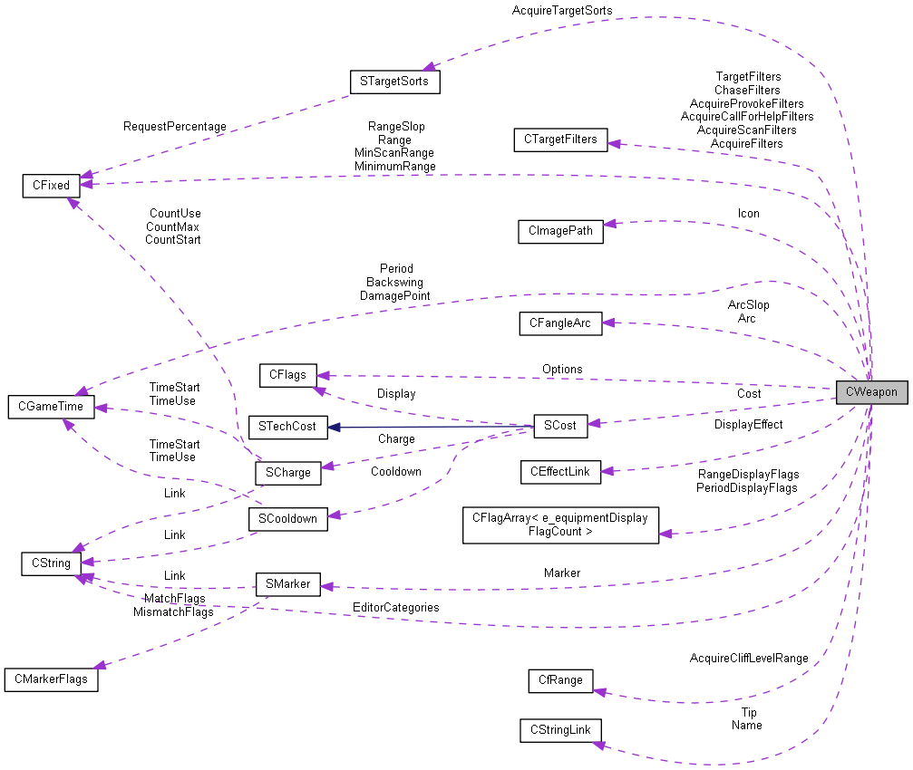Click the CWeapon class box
point(870,392)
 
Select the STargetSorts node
point(394,82)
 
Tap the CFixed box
point(51,186)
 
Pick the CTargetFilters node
point(560,140)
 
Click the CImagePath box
point(560,230)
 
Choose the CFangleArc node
point(560,323)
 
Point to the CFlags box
point(287,374)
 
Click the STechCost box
point(287,426)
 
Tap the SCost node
point(560,424)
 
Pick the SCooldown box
point(287,519)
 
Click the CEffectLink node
point(560,471)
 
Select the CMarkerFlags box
point(51,679)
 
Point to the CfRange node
point(560,680)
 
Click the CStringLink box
point(560,730)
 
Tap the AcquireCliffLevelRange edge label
point(748,658)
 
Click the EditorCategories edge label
point(396,607)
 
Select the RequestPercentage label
point(175,126)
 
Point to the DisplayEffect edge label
point(748,424)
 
